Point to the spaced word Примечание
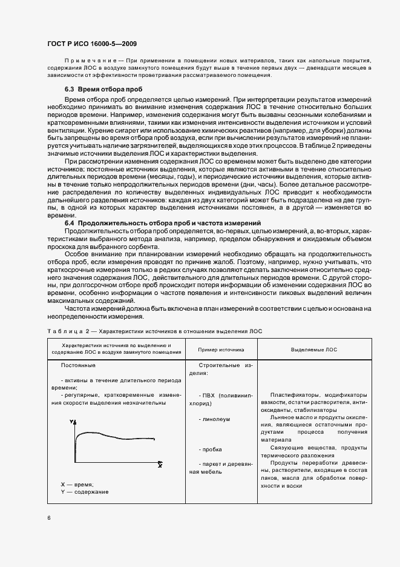pos(85,61)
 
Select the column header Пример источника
pos(221,350)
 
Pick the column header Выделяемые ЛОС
pos(314,350)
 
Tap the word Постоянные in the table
pos(78,365)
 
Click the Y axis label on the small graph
pos(71,421)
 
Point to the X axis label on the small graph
pos(160,466)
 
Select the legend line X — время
pos(77,485)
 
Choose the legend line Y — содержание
pos(85,492)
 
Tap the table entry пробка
pos(213,449)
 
